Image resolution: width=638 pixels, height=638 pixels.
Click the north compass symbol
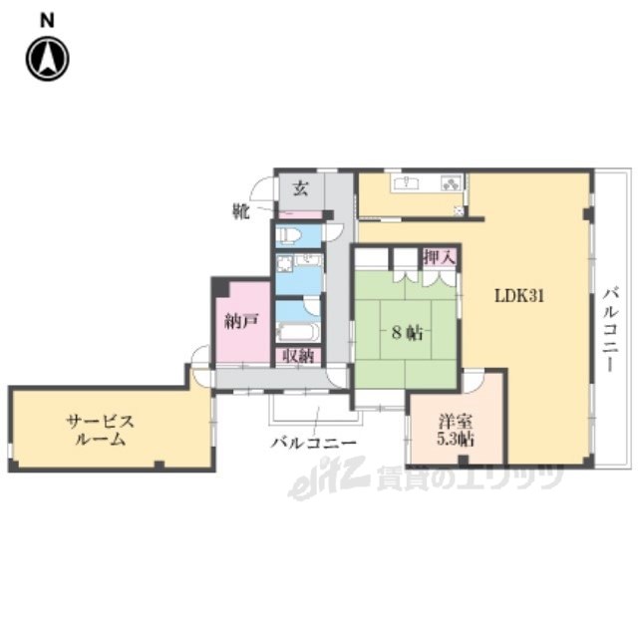(48, 58)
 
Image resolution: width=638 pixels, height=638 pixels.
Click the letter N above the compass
(47, 20)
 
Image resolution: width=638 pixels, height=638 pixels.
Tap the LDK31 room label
(518, 296)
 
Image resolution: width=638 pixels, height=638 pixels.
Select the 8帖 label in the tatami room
(407, 333)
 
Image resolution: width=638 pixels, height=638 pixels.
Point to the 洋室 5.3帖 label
(456, 430)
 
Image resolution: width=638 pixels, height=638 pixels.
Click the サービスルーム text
(100, 430)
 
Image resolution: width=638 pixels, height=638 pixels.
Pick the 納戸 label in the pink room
(241, 321)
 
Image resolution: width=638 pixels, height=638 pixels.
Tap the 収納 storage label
(298, 357)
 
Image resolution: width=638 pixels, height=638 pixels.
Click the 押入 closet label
(440, 257)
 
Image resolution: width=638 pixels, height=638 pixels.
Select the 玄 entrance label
(301, 188)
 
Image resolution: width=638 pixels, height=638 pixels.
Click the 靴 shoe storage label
(241, 211)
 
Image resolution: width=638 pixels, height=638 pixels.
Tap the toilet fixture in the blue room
(289, 235)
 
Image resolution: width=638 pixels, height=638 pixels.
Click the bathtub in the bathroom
(298, 333)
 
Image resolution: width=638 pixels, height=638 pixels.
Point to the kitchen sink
(407, 182)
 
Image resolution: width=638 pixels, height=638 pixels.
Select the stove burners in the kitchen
(452, 183)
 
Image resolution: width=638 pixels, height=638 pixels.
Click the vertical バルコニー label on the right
(611, 330)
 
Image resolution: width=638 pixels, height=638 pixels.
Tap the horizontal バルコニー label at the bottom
(314, 443)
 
